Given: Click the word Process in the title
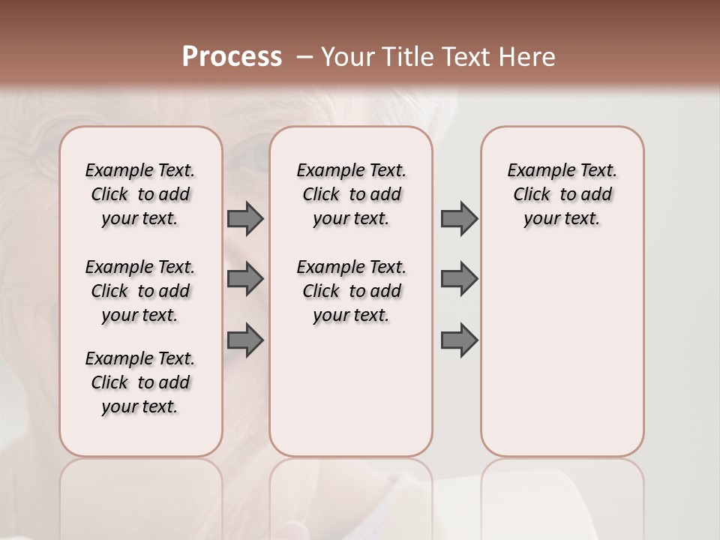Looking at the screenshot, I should (x=232, y=57).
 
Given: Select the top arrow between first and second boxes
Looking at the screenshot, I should (x=245, y=218).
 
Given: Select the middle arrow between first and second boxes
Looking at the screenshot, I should (x=245, y=279).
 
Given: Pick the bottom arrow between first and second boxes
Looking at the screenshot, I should (x=245, y=340).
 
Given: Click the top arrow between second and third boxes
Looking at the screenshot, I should (x=459, y=218).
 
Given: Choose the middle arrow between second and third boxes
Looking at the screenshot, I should (x=459, y=279).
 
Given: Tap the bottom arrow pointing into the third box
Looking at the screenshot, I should (x=459, y=340).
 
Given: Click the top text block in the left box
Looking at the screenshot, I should (x=140, y=194).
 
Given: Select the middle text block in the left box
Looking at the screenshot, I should (x=140, y=291).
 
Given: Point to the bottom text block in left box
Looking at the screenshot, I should (x=140, y=382).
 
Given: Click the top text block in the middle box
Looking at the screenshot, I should (x=352, y=194).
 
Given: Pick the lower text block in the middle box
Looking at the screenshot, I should (x=352, y=291).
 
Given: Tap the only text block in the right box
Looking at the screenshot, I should (x=562, y=194).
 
